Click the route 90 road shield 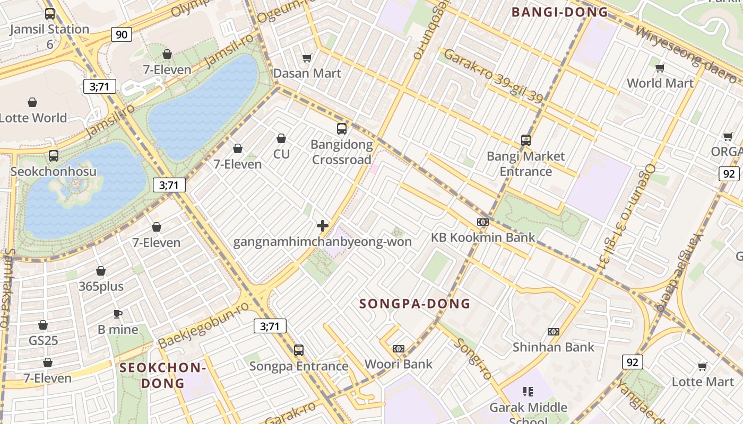tap(122, 35)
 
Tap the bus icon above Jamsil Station tap(50, 14)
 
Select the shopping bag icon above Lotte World tap(32, 102)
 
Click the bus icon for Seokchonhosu tap(54, 156)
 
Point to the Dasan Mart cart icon tap(307, 58)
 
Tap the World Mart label tap(660, 83)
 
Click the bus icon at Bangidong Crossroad tap(342, 129)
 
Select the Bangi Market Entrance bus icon tap(526, 140)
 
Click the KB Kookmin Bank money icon tap(482, 222)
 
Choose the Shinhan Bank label tap(553, 347)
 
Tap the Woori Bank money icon tap(399, 349)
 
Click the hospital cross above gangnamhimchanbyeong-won tap(322, 226)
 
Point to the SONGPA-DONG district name tap(414, 304)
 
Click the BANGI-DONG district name tap(559, 12)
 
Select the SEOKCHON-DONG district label tap(162, 375)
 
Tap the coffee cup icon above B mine tap(118, 314)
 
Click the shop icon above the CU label tap(281, 138)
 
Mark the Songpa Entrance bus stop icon tap(299, 350)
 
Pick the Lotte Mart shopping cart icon tap(702, 366)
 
